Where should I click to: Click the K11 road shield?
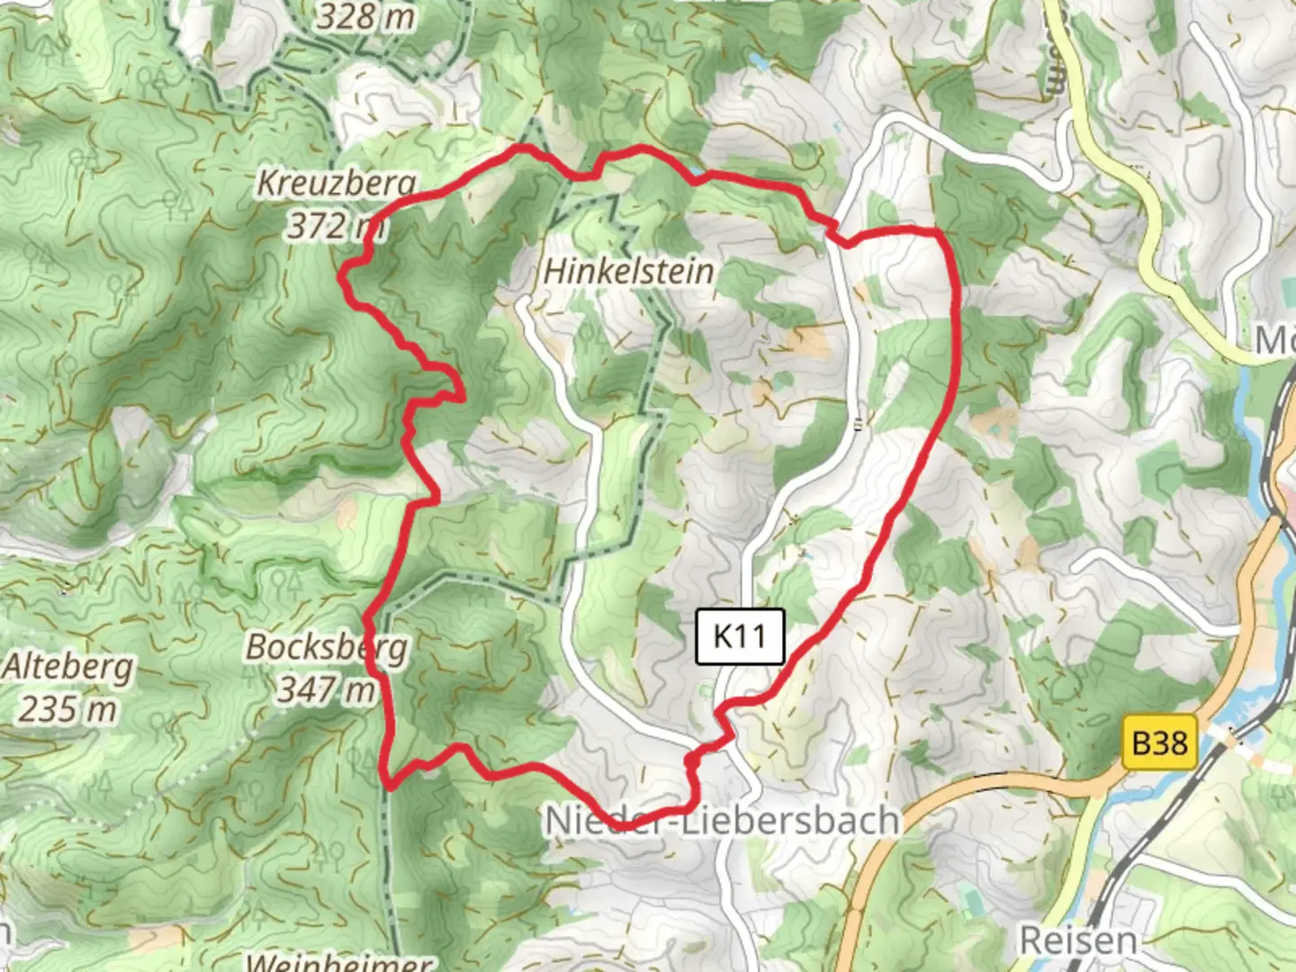[x=740, y=636]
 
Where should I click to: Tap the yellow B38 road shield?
[x=1159, y=743]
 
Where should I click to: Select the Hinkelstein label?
[x=629, y=271]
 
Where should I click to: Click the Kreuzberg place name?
[x=337, y=183]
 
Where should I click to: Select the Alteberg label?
[x=67, y=668]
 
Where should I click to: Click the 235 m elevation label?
[x=67, y=709]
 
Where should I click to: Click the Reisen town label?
[x=1077, y=940]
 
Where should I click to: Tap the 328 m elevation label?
[x=365, y=16]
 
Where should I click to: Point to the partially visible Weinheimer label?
[x=338, y=961]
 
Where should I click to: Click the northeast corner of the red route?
[x=938, y=233]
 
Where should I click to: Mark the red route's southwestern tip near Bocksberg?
[x=391, y=785]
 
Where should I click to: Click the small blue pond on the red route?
[x=697, y=169]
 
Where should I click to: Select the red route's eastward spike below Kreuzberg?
[x=461, y=396]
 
